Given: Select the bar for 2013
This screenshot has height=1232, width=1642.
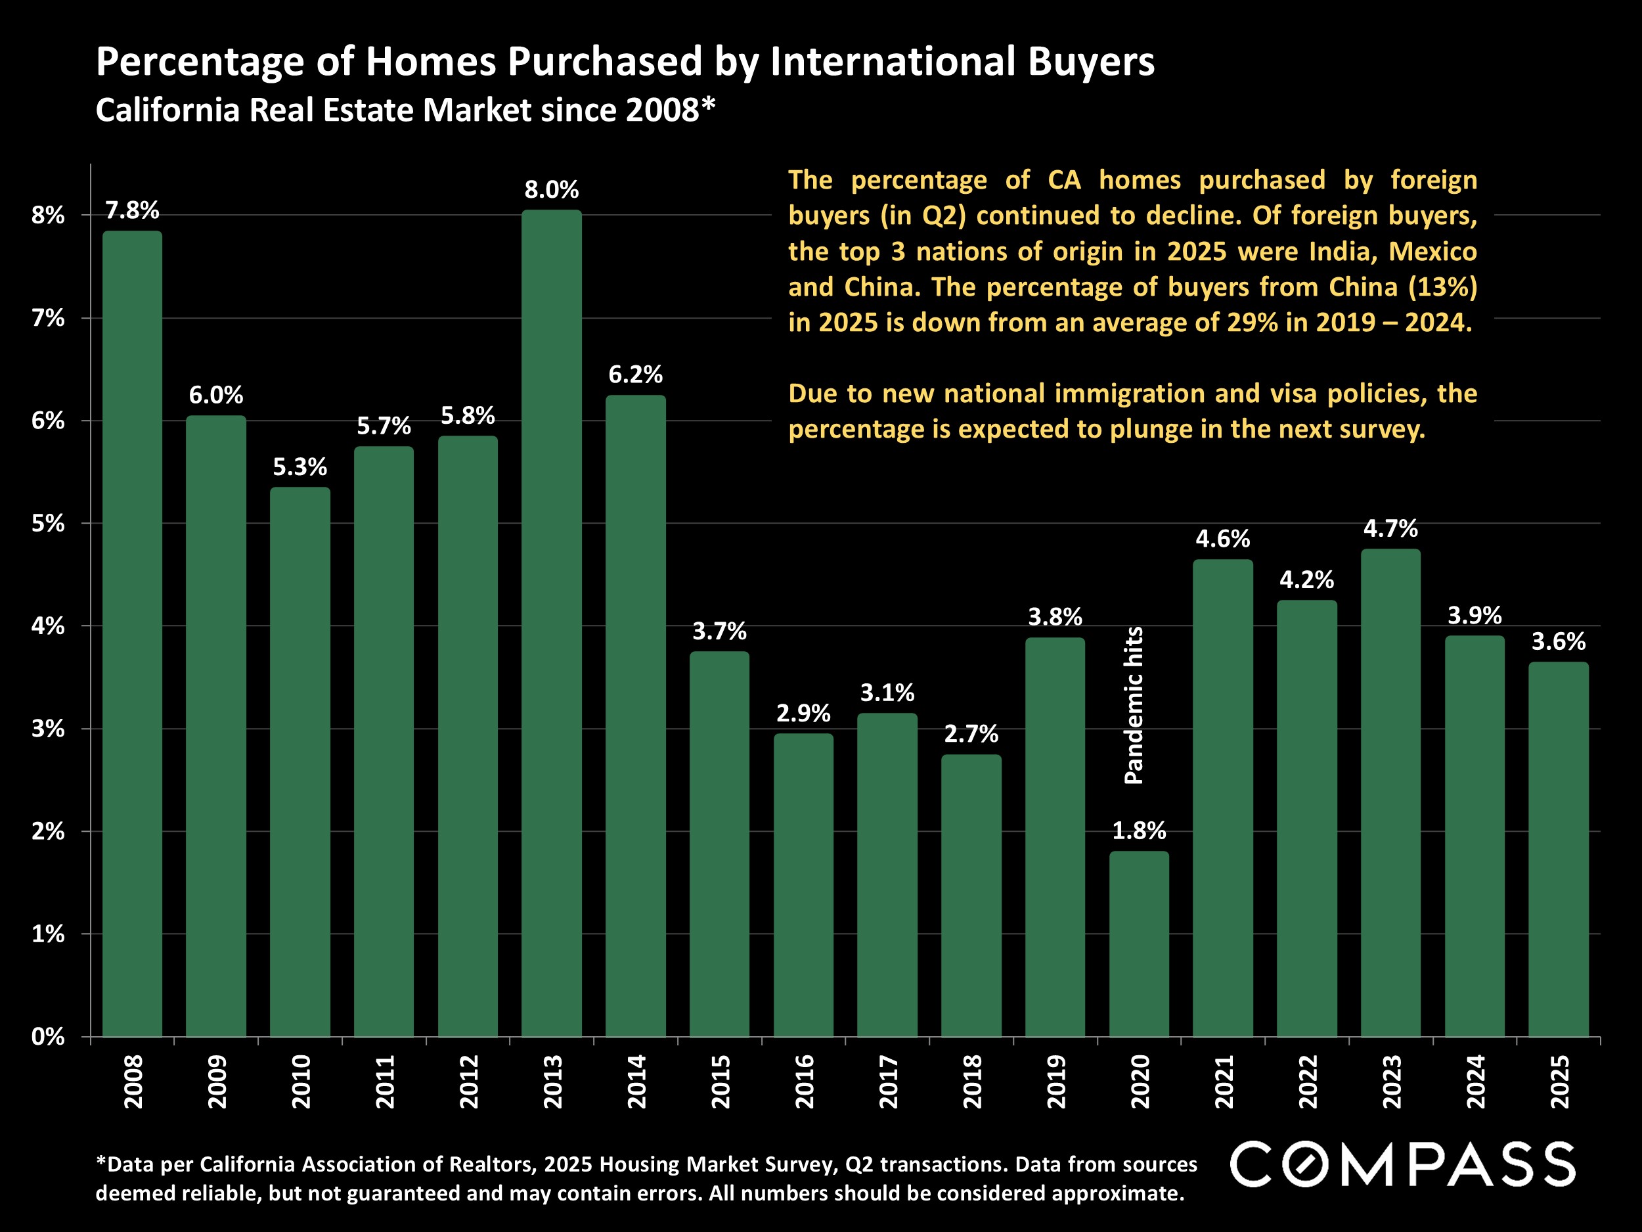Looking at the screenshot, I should tap(552, 624).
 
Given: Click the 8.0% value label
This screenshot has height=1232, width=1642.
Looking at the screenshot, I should tap(552, 190).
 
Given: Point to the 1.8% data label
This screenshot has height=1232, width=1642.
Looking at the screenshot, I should tap(1139, 831).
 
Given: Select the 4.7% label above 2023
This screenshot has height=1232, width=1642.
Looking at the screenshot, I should tap(1390, 529).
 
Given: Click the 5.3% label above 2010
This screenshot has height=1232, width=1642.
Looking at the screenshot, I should tap(300, 467).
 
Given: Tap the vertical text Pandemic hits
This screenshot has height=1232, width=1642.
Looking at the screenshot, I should tap(1134, 706).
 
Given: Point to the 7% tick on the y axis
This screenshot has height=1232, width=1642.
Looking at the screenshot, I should tap(47, 319).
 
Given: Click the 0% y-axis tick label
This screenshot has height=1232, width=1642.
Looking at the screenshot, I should tap(47, 1037).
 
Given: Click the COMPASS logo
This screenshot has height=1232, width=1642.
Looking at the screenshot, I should tap(1402, 1164).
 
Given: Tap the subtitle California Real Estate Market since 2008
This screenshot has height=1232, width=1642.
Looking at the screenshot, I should tap(405, 110).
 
